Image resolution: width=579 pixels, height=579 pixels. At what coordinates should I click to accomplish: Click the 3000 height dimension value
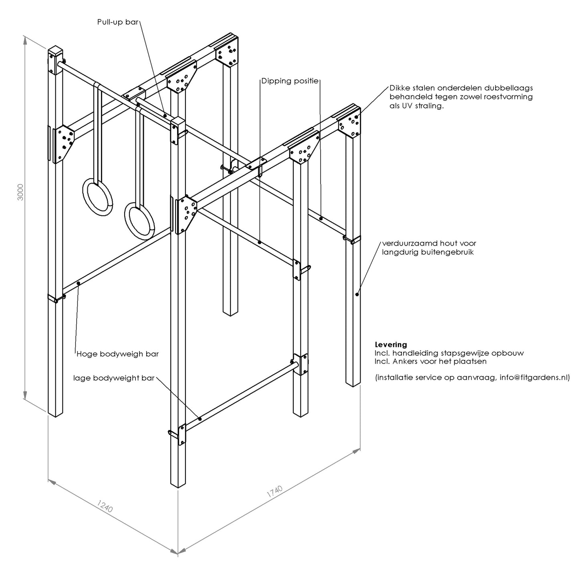(x=20, y=192)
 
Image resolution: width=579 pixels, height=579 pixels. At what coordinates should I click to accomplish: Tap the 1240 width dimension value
(x=105, y=506)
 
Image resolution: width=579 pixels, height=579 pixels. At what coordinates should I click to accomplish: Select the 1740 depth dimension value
(x=275, y=492)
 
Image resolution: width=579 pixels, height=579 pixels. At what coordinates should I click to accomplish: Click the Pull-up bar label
(x=118, y=22)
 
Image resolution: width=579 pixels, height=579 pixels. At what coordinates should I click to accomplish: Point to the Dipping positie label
(x=290, y=81)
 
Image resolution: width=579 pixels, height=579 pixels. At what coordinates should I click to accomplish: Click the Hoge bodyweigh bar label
(x=117, y=354)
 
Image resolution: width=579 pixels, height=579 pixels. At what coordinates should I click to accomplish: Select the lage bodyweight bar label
(x=114, y=378)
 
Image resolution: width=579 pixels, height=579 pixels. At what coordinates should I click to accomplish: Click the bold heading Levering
(x=391, y=345)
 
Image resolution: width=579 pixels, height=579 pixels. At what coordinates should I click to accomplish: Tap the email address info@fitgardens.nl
(x=535, y=377)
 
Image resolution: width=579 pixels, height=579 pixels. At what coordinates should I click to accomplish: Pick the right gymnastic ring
(x=139, y=220)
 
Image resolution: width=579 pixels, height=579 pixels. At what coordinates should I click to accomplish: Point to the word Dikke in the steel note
(x=399, y=88)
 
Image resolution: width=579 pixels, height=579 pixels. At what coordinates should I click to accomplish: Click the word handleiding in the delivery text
(x=413, y=353)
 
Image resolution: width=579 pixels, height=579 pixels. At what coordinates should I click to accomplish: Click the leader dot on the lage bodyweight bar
(x=200, y=419)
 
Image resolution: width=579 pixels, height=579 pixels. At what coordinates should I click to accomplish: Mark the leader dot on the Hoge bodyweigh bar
(x=78, y=284)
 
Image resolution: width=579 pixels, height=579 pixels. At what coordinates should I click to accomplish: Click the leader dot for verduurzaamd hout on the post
(x=357, y=295)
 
